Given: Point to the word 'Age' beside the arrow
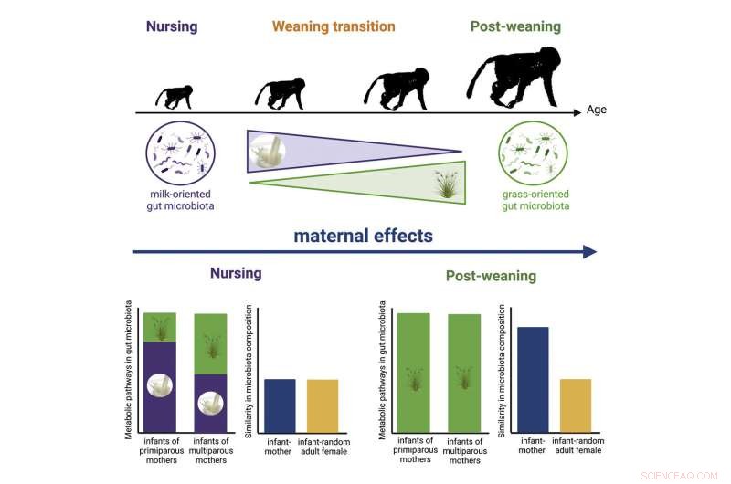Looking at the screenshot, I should click(597, 112).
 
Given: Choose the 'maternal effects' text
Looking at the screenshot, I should click(364, 236).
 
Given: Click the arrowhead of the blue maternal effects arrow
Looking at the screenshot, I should click(589, 252).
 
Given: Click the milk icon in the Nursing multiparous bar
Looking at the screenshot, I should click(210, 401).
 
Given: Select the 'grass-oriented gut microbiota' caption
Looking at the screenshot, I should click(534, 201).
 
